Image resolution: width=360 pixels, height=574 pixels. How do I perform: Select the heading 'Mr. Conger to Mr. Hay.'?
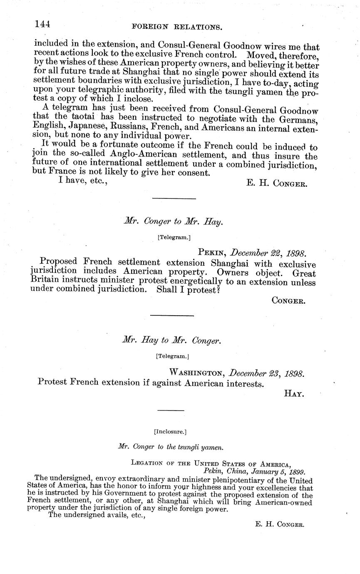[x=173, y=222]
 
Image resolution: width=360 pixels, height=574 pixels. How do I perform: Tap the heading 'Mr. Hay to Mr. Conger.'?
[x=171, y=341]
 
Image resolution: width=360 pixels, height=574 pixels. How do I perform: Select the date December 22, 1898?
[x=269, y=253]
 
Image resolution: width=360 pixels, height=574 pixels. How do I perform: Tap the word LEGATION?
[x=148, y=463]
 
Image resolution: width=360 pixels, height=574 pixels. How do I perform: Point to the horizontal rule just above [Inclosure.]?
[x=171, y=411]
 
